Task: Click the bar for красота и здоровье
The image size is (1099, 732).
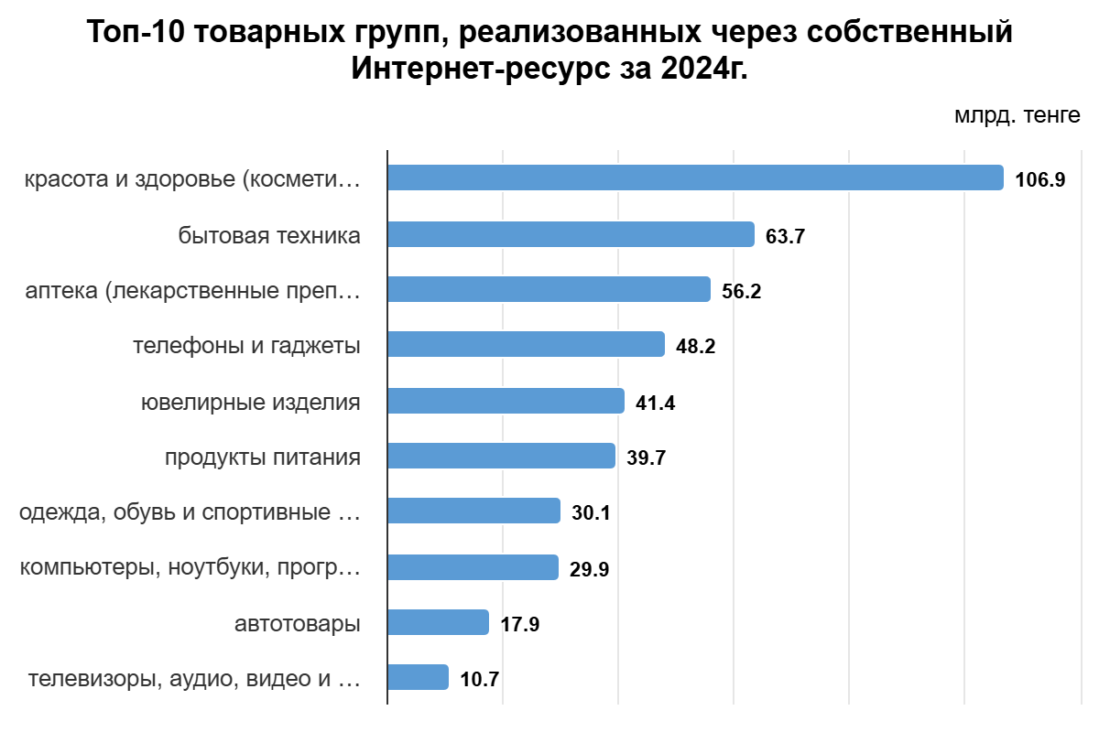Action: coord(695,178)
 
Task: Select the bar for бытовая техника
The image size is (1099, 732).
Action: coord(571,234)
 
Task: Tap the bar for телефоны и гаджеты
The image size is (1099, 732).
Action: coord(526,345)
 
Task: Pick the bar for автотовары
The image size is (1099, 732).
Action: coord(438,623)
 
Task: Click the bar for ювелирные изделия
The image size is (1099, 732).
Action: coord(506,401)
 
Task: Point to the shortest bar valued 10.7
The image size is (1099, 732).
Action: coord(418,678)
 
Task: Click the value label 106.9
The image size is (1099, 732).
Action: coord(1039,179)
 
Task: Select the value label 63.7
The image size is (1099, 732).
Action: coord(785,236)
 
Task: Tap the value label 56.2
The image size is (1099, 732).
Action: coord(741,292)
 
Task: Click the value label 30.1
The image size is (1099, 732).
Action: coord(591,513)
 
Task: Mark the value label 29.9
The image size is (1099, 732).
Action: coord(589,569)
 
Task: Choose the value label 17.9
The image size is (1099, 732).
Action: coord(519,625)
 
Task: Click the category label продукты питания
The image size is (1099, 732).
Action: coord(262,457)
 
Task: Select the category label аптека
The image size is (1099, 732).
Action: coord(192,291)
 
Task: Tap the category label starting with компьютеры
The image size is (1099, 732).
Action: coord(190,568)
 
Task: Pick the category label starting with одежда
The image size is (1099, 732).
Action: coord(190,512)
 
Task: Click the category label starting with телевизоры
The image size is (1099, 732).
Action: coord(194,680)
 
